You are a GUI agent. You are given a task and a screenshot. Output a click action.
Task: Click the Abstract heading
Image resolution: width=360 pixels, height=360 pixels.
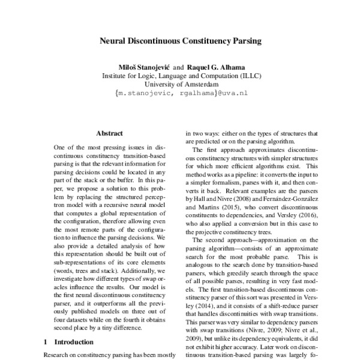pos(109,133)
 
